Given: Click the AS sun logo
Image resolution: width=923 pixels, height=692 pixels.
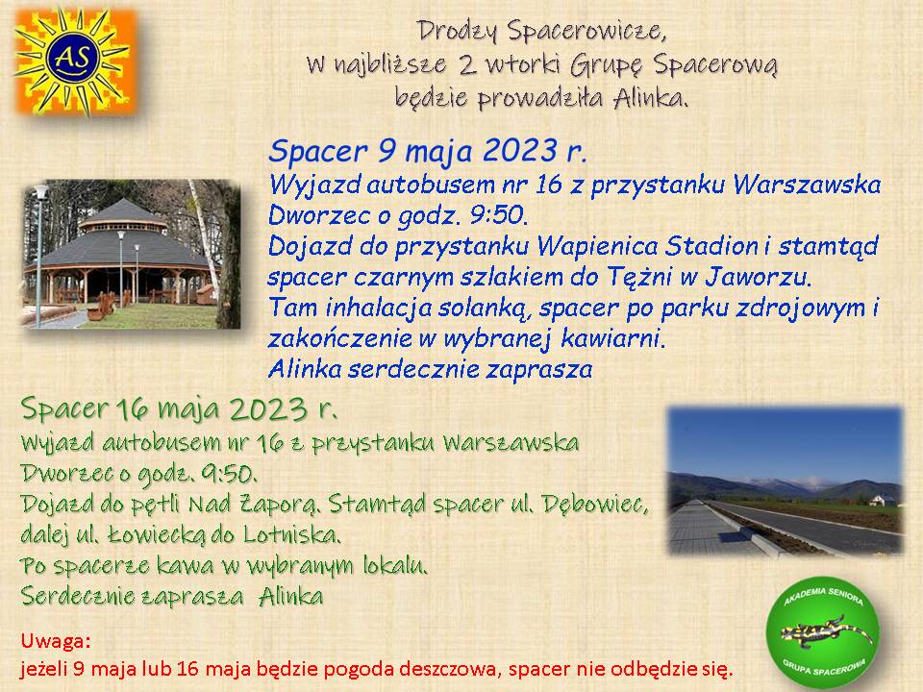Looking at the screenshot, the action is [75, 62].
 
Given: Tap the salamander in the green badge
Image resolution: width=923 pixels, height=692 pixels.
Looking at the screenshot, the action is [827, 633].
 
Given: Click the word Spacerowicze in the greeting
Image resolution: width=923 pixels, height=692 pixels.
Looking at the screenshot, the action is [586, 31].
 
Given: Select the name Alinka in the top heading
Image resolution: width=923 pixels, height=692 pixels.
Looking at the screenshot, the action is [650, 98].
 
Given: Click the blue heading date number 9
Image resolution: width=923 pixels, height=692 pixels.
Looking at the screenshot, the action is [387, 150].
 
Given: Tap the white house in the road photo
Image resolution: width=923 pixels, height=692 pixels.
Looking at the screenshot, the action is [883, 500].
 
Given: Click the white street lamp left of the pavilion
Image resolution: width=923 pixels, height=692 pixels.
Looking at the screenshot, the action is [40, 254].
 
